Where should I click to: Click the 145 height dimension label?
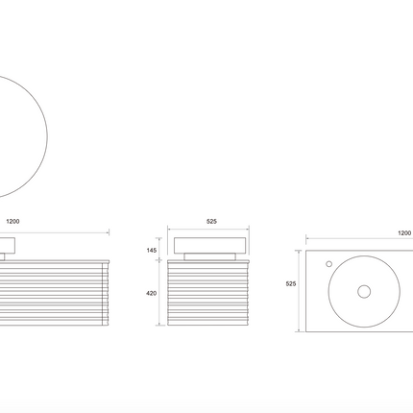tap(152, 251)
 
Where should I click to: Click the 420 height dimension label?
tap(151, 293)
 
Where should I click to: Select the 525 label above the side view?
tap(211, 221)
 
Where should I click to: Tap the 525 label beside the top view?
tap(291, 283)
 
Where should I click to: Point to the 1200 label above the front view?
tap(12, 221)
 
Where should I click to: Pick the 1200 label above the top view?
tap(404, 233)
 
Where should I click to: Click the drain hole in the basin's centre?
tap(364, 292)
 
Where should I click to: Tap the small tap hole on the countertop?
tap(328, 264)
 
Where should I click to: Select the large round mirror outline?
tap(47, 136)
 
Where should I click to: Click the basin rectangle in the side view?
tap(210, 245)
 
